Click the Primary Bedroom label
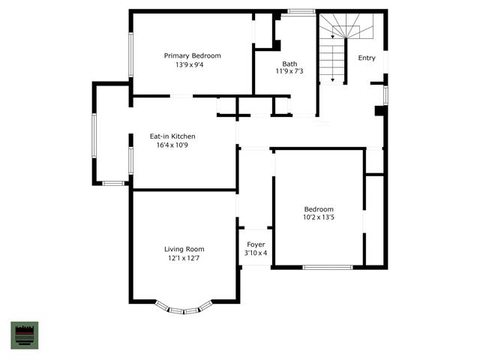click(x=192, y=55)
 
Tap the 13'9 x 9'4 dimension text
click(x=190, y=65)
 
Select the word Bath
click(x=289, y=64)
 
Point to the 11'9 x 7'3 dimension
click(x=289, y=71)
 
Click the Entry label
click(x=367, y=58)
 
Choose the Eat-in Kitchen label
click(x=172, y=136)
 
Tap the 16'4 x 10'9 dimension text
click(x=172, y=145)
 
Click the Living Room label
click(x=184, y=249)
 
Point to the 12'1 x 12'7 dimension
click(x=184, y=258)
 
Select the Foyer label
click(x=256, y=244)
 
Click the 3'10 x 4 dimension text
click(x=256, y=253)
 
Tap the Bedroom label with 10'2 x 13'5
click(x=319, y=209)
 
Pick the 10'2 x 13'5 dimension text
click(x=319, y=217)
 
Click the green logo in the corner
click(x=25, y=335)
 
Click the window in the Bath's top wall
click(x=301, y=12)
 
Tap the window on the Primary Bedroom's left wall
click(x=130, y=55)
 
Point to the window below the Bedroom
click(x=328, y=267)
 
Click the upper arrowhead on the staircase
click(x=332, y=37)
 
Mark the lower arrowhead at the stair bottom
click(x=333, y=80)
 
